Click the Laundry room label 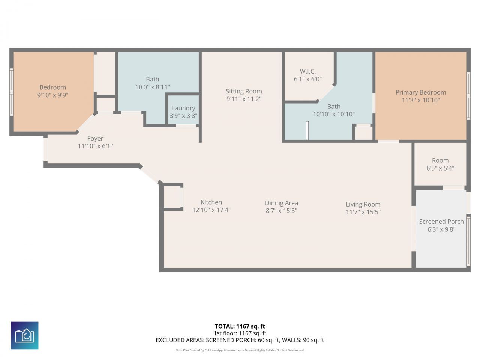tap(183, 108)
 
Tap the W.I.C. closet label tap(307, 71)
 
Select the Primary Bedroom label tap(420, 92)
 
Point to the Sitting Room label tap(244, 91)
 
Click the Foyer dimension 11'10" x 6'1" tap(95, 146)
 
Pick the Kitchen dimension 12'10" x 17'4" tap(211, 210)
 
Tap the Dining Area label tap(281, 203)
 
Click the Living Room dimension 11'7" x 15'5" tap(363, 212)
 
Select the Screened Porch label tap(441, 222)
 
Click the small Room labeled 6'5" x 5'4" tap(440, 164)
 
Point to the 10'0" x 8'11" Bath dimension tap(152, 87)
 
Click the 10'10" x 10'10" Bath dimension tap(334, 114)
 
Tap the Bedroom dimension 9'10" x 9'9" tap(52, 95)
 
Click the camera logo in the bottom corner tap(25, 335)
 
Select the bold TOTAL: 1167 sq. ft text tap(240, 326)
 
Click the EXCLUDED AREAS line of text tap(240, 340)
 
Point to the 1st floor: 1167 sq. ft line tap(240, 333)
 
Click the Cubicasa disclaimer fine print tap(240, 350)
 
